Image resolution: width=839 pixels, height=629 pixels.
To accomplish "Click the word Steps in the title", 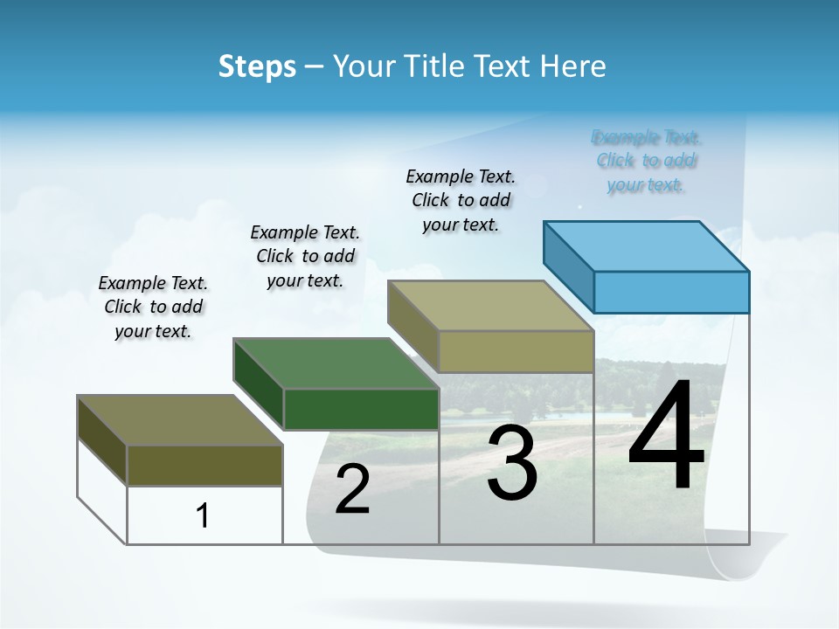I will (257, 66).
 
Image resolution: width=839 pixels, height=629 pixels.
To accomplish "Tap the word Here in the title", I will (572, 66).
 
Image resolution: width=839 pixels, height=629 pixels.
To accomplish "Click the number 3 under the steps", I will (511, 462).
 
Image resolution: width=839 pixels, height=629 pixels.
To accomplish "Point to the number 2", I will (352, 489).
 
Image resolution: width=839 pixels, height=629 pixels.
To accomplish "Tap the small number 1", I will (203, 515).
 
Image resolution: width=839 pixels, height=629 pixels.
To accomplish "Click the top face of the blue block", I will (647, 245).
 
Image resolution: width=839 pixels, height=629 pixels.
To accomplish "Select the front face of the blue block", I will (671, 292).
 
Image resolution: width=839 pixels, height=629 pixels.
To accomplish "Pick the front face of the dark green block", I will (361, 409).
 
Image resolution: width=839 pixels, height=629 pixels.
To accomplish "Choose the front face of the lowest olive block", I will (205, 465).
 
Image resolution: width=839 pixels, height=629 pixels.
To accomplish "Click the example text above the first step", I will (153, 307).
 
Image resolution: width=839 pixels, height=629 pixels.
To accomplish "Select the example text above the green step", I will (305, 256).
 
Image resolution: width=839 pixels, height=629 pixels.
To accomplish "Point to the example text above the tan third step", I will (461, 200).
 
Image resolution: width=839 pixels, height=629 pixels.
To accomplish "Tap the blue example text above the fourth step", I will (646, 161).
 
